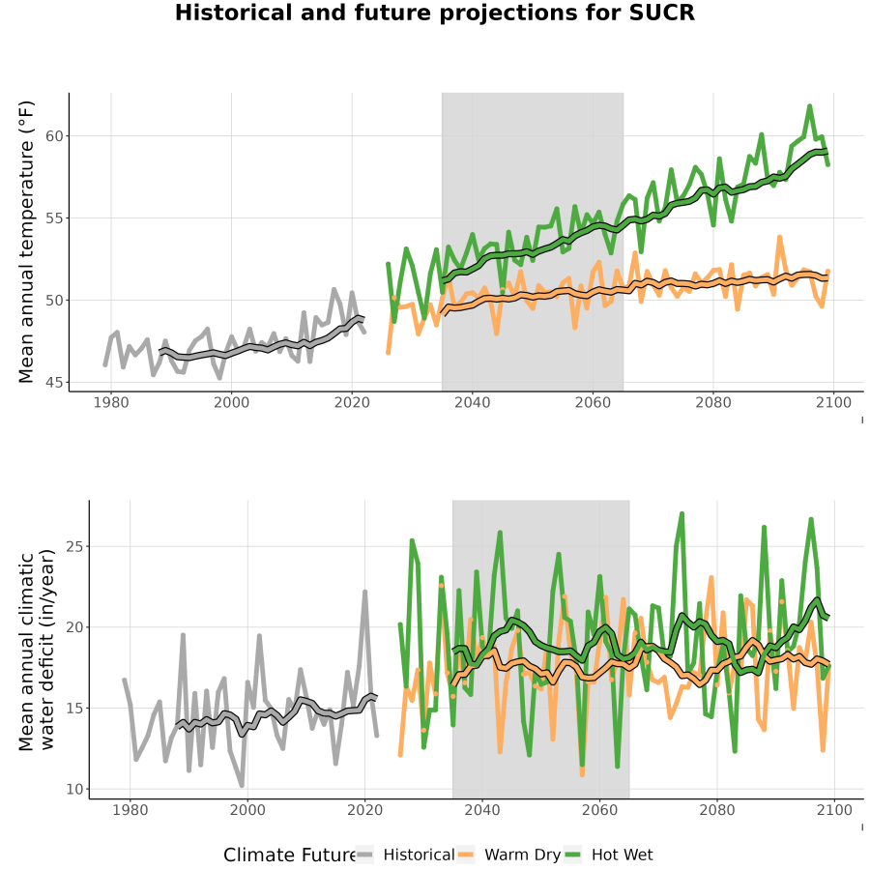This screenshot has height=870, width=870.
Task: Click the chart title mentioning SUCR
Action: point(434,13)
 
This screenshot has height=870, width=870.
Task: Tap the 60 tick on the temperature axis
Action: point(54,136)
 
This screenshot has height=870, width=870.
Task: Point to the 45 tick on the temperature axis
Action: point(54,383)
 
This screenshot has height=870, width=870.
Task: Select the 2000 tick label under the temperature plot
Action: point(231,402)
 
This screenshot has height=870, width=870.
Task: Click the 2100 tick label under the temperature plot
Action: point(833,402)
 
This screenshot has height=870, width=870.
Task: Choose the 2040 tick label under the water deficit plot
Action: point(482,810)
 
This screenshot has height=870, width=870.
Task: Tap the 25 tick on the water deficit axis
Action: point(74,546)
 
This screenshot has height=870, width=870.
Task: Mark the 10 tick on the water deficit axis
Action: point(74,789)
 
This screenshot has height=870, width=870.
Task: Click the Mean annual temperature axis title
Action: point(26,242)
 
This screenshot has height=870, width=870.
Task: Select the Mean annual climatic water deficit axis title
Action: point(37,650)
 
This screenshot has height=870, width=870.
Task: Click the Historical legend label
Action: point(419,855)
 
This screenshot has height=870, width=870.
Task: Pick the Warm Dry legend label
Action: point(523,855)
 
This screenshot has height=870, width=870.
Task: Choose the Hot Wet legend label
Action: point(622,855)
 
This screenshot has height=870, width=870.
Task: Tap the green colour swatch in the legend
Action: point(572,855)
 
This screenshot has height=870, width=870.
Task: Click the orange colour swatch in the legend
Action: point(466,855)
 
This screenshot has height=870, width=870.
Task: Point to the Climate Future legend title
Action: point(290,855)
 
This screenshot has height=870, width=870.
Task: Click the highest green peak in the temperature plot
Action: point(809,106)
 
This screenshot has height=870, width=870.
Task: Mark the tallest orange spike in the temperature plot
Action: point(779,238)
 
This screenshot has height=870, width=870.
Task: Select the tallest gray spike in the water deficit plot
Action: point(365,592)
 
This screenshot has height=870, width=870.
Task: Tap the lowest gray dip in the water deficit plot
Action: point(242,785)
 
